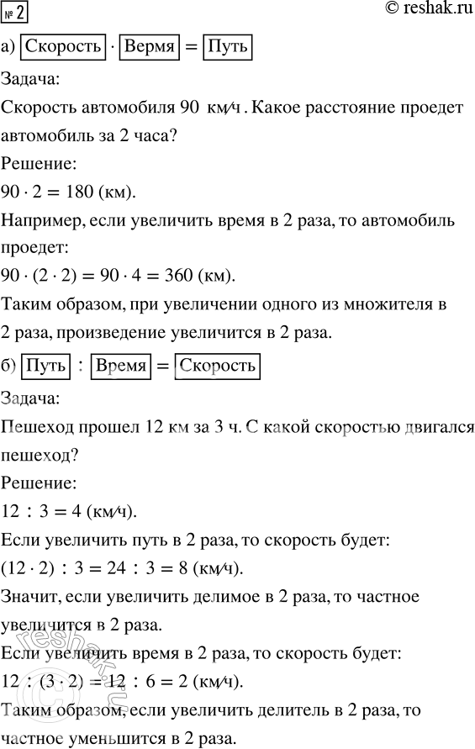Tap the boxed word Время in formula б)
coord(122,367)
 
